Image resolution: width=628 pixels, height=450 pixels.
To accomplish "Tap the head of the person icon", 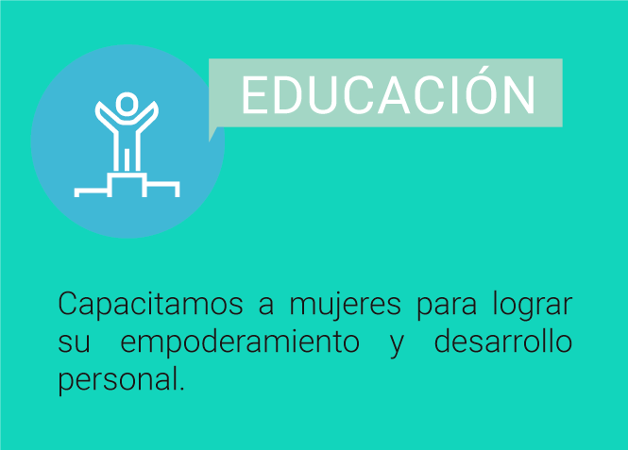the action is (x=127, y=105).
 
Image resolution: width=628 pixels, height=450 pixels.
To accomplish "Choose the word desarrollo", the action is (x=503, y=342).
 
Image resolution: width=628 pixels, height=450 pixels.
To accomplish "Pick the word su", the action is (x=74, y=343).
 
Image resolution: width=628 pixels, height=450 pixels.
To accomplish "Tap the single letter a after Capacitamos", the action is (x=266, y=306).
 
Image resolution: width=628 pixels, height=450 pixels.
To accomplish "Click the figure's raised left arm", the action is (x=106, y=117).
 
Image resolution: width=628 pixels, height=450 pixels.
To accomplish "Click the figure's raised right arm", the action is (x=147, y=117).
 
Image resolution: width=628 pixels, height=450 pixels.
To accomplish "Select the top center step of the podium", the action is (x=127, y=175).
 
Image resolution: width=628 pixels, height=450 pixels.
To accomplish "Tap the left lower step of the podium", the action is (x=92, y=189).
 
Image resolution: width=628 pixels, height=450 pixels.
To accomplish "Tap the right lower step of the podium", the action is (x=162, y=184).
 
